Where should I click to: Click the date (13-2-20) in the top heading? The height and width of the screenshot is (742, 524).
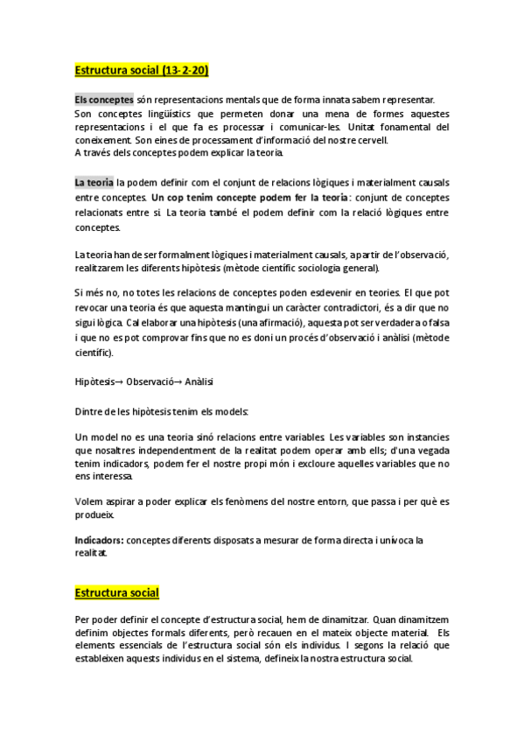pos(182,69)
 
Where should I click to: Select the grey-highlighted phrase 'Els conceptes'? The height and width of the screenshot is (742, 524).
pos(103,100)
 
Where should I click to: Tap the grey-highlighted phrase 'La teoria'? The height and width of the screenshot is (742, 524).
pos(94,182)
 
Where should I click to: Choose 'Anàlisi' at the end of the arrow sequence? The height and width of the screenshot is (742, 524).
pos(199,382)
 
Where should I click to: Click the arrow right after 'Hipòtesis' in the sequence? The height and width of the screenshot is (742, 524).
pos(120,382)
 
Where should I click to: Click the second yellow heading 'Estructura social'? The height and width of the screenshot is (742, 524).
pos(116,592)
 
